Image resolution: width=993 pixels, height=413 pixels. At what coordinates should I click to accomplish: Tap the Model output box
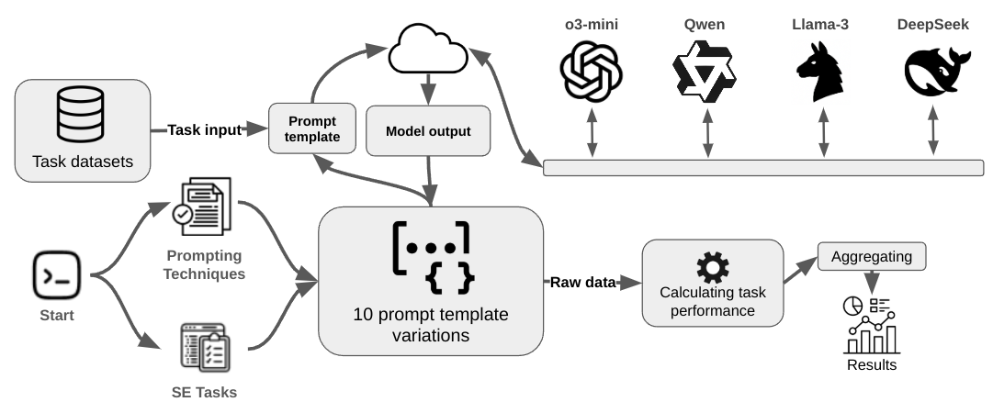tap(427, 131)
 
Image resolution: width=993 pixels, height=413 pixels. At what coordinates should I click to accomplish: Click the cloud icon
tap(429, 50)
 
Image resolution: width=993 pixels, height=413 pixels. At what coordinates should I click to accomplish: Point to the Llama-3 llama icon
tap(819, 71)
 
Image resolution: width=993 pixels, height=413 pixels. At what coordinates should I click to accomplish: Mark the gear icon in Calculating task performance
tap(712, 269)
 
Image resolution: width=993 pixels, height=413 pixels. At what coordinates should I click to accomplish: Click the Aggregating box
tap(871, 257)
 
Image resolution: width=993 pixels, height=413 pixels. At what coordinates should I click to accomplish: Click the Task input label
tap(203, 130)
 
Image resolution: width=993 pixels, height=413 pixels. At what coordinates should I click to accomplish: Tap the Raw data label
tap(582, 283)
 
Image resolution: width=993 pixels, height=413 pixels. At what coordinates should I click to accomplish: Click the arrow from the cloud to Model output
tap(428, 91)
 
